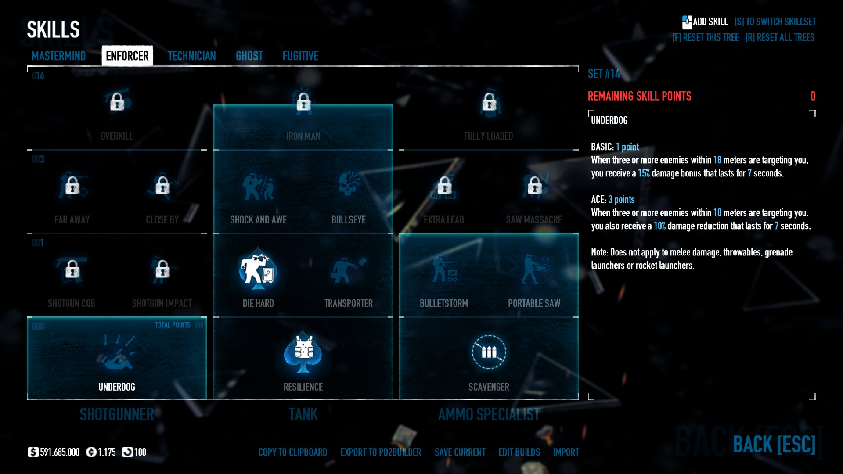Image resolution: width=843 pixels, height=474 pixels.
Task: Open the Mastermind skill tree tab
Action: tap(58, 56)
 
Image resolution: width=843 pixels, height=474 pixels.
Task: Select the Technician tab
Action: tap(192, 56)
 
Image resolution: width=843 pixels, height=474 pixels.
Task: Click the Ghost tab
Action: tap(249, 56)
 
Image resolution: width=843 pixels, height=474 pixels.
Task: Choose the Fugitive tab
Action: tap(300, 56)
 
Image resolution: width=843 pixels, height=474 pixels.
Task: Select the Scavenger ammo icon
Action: tap(489, 352)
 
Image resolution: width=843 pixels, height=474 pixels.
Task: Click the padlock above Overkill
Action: tap(117, 102)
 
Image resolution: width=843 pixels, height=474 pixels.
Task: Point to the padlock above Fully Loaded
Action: tap(489, 102)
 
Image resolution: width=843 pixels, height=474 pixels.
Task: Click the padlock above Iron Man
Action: tap(303, 102)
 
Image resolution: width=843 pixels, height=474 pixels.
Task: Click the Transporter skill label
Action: tap(349, 303)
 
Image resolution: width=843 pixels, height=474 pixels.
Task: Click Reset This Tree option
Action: tap(706, 38)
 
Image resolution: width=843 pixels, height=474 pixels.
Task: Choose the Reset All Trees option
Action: tap(780, 38)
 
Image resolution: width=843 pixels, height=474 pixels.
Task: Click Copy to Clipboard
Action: tap(292, 452)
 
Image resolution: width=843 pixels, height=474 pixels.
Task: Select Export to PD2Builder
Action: tap(381, 452)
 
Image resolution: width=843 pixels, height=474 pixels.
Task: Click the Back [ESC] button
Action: tap(774, 444)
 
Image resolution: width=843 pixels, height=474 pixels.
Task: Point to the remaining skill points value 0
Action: tap(813, 96)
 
